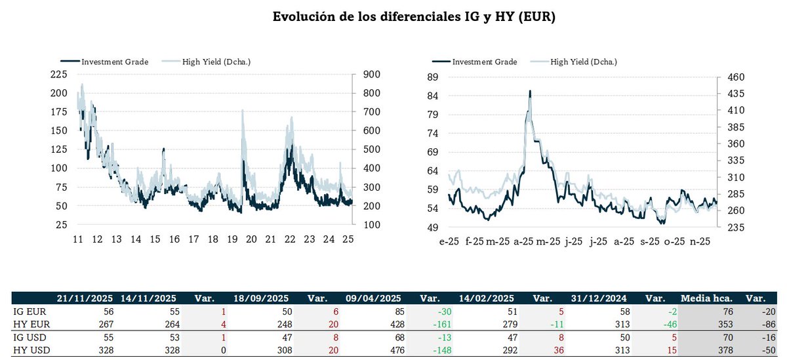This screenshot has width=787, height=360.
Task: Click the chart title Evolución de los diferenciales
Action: pyautogui.click(x=414, y=18)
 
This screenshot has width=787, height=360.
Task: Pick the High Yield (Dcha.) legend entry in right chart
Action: pyautogui.click(x=584, y=62)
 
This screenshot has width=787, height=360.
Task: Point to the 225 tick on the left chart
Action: pyautogui.click(x=58, y=74)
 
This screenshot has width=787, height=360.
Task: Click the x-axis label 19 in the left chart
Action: pyautogui.click(x=232, y=240)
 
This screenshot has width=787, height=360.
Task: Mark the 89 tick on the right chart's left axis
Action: pyautogui.click(x=433, y=77)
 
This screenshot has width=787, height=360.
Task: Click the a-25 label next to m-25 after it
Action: pyautogui.click(x=523, y=241)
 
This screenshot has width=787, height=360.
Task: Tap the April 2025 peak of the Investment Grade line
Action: pyautogui.click(x=529, y=91)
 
